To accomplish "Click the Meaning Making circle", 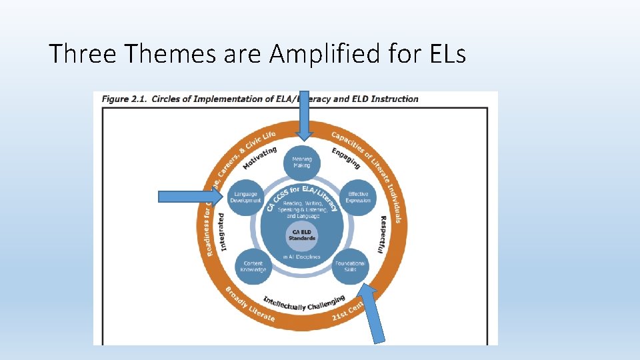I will [x=302, y=163].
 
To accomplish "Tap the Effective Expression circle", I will [x=359, y=197].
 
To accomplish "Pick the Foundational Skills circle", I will [x=351, y=266].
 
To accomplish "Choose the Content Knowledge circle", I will [x=253, y=266].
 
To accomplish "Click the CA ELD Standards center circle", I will [x=302, y=235].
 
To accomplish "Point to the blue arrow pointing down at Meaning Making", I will [x=304, y=115].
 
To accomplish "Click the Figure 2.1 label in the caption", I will [x=124, y=99].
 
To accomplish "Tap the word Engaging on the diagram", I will [x=346, y=157].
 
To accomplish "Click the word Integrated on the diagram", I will [x=221, y=232].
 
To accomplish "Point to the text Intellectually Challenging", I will [x=304, y=303].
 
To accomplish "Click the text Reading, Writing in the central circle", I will [x=302, y=203].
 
